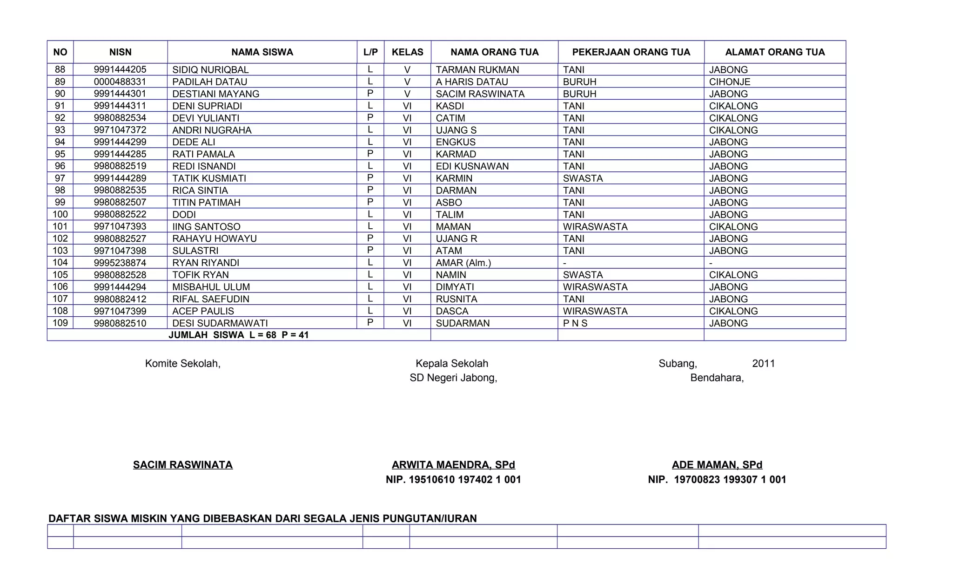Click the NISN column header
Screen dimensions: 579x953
[120, 52]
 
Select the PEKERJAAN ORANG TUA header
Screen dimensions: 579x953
[631, 52]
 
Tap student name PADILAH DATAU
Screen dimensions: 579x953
[209, 82]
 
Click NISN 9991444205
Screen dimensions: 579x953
[120, 70]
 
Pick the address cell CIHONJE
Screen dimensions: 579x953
[729, 82]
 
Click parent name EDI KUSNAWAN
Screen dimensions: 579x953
[472, 166]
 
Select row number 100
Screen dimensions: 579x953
[60, 214]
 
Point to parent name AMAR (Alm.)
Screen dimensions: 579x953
[463, 263]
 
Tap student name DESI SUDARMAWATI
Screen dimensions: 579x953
[220, 323]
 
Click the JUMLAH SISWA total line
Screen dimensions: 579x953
[238, 335]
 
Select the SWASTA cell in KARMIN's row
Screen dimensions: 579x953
[583, 178]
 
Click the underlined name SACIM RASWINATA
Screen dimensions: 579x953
[182, 465]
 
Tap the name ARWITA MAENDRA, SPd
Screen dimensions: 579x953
[453, 465]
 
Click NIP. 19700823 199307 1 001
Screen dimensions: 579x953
[717, 480]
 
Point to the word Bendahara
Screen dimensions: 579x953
[717, 378]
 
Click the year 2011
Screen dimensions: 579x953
[763, 364]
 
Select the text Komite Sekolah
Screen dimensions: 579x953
[182, 364]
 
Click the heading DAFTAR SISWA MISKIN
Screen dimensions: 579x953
[262, 518]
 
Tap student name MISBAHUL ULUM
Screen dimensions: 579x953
[211, 287]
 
